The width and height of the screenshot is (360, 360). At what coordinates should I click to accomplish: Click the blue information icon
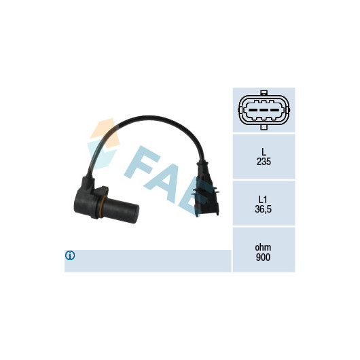pyautogui.click(x=70, y=255)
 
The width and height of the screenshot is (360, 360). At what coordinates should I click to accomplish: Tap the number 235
pyautogui.click(x=264, y=162)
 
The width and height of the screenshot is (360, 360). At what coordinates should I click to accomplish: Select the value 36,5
pyautogui.click(x=263, y=209)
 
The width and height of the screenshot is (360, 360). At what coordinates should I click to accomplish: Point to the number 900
pyautogui.click(x=263, y=257)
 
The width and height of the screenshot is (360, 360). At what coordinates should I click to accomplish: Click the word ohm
pyautogui.click(x=263, y=247)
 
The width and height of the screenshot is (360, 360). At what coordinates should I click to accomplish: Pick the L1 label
pyautogui.click(x=263, y=199)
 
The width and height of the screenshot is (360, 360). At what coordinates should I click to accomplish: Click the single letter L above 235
pyautogui.click(x=264, y=151)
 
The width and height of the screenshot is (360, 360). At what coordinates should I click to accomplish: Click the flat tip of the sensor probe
pyautogui.click(x=136, y=214)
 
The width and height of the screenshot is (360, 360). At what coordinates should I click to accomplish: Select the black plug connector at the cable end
pyautogui.click(x=206, y=190)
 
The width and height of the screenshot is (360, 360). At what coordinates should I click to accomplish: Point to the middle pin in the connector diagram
pyautogui.click(x=264, y=110)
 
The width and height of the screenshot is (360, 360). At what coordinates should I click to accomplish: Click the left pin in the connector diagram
pyautogui.click(x=253, y=110)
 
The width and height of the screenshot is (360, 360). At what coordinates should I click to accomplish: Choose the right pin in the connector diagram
pyautogui.click(x=274, y=110)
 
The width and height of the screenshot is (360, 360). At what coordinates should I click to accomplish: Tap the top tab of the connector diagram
pyautogui.click(x=264, y=93)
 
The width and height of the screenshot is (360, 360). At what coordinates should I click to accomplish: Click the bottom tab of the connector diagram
pyautogui.click(x=264, y=128)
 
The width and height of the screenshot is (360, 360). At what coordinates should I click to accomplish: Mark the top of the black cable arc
pyautogui.click(x=148, y=118)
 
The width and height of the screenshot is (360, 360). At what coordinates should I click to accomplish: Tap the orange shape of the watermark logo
pyautogui.click(x=105, y=134)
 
